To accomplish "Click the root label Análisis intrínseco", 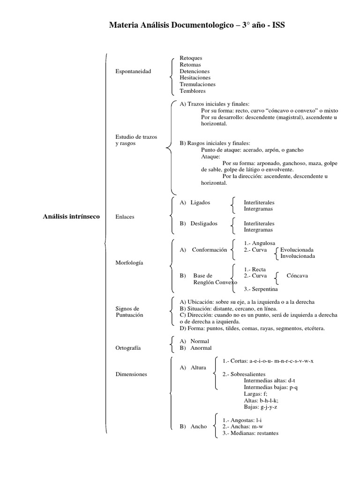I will (x=71, y=217).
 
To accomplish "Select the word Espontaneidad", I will (x=133, y=71).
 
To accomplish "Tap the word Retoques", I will (x=191, y=58).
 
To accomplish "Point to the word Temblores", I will (x=193, y=91).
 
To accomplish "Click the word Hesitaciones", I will (x=195, y=78).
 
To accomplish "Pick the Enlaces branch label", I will (x=125, y=217).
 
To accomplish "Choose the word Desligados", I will (x=204, y=224).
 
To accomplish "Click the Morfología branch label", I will (x=129, y=262).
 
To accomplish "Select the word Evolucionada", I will (x=297, y=250).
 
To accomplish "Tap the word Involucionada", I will (x=298, y=256).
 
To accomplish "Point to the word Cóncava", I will (x=297, y=276).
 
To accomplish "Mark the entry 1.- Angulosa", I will (x=260, y=243).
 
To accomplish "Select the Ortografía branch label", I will (x=128, y=348).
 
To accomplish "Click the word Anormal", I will (x=201, y=348).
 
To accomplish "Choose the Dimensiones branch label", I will (x=131, y=374).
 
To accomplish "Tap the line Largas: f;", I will (x=255, y=394).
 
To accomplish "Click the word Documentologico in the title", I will (x=204, y=25).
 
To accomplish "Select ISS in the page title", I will (x=277, y=25).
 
